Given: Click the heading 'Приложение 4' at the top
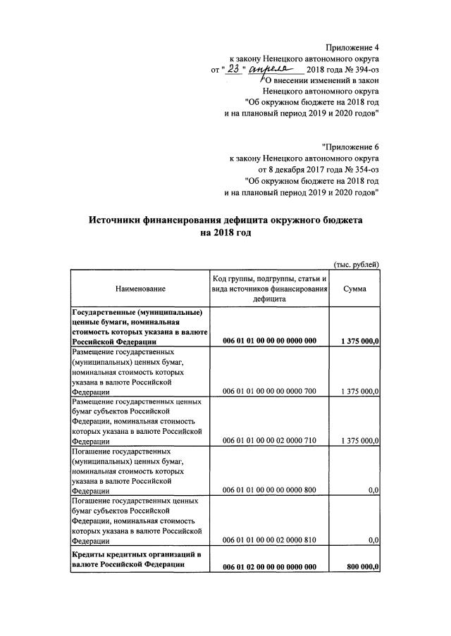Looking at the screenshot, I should point(351,46).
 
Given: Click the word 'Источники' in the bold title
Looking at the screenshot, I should point(118,220).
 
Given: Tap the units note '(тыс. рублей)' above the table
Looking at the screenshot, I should point(356,264).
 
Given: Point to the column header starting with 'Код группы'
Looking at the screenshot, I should point(270,289).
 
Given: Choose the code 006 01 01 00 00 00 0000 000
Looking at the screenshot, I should point(270,341).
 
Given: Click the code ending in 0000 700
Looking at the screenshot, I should point(270,391).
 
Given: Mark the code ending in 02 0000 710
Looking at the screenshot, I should point(270,441).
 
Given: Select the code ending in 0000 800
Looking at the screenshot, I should point(270,490).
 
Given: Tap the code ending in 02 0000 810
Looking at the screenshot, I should point(270,540).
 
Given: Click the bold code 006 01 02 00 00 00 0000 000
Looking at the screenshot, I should point(270,567).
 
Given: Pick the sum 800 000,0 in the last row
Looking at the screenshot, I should point(364,567).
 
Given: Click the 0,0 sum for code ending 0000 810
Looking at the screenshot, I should point(373,540).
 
